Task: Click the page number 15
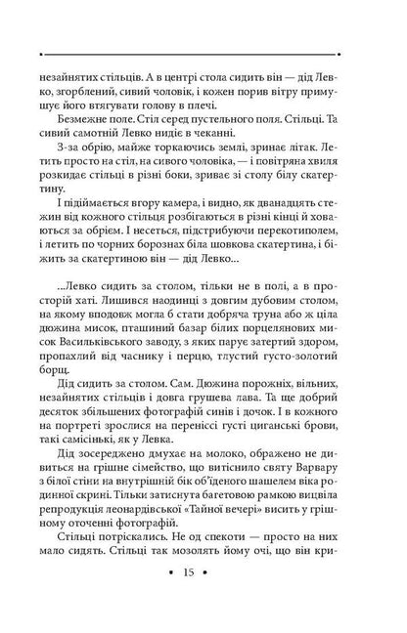tap(203, 596)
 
